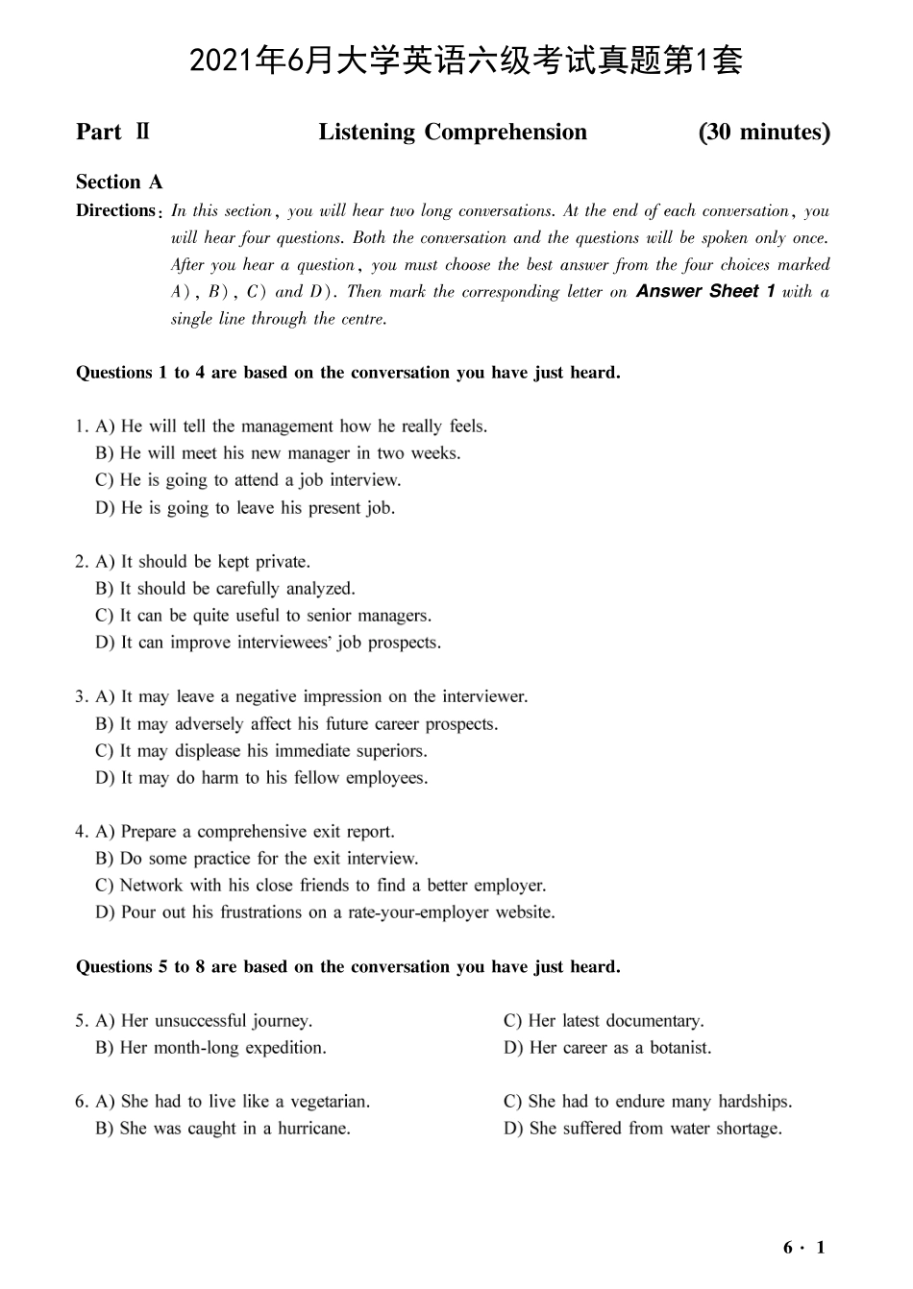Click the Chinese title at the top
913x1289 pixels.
pos(466,61)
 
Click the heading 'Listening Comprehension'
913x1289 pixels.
pos(453,132)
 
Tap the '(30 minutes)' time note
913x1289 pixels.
pos(764,132)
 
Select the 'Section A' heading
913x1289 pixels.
pos(119,182)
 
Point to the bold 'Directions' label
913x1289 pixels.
pos(115,210)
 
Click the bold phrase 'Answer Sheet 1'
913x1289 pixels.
pos(705,291)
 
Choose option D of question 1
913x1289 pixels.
pos(245,507)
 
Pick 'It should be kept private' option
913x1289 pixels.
pos(203,561)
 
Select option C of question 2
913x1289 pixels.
pos(263,615)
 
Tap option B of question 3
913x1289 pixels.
pos(297,723)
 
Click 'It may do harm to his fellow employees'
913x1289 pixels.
pos(261,777)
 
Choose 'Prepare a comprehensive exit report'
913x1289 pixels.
pos(245,831)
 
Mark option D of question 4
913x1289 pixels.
pos(325,912)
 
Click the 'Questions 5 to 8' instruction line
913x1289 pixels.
pos(348,966)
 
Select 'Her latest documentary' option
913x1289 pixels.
pos(604,1020)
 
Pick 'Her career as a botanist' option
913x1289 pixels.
pos(607,1047)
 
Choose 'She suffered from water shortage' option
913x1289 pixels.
pos(643,1128)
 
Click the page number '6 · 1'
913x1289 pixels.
pos(804,1248)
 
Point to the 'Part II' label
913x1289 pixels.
pos(112,132)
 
